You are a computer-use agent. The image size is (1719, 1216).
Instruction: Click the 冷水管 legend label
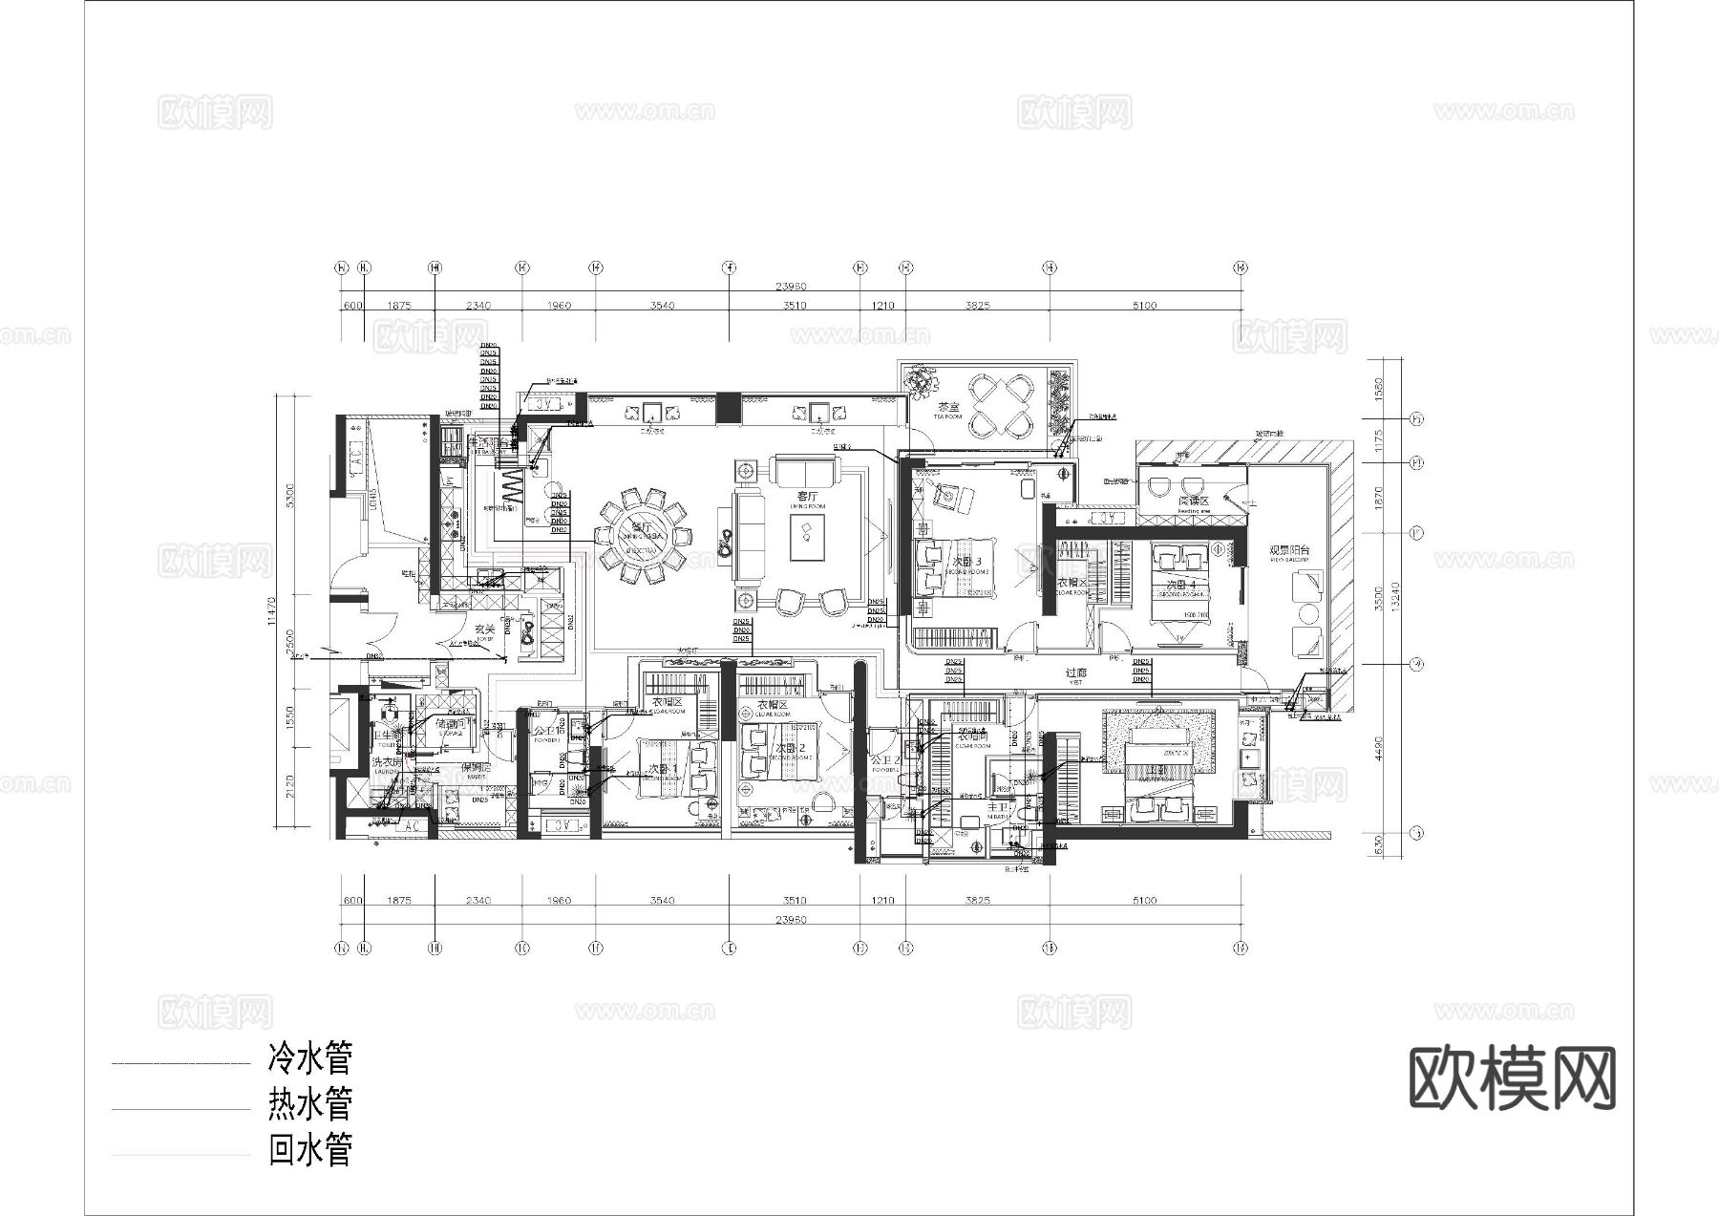[x=310, y=1058]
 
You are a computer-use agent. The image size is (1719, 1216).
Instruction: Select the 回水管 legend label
[x=310, y=1150]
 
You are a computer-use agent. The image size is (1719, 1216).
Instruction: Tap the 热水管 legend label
[x=310, y=1104]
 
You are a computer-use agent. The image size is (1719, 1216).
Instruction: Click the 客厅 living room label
[x=808, y=497]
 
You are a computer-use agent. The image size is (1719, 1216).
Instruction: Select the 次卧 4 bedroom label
[x=1181, y=585]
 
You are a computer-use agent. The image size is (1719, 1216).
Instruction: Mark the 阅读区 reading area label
[x=1193, y=501]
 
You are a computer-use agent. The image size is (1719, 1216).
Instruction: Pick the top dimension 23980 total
[x=792, y=286]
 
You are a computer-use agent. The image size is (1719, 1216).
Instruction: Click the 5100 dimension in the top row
[x=1144, y=306]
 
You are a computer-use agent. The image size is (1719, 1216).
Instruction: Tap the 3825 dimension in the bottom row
[x=977, y=901]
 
